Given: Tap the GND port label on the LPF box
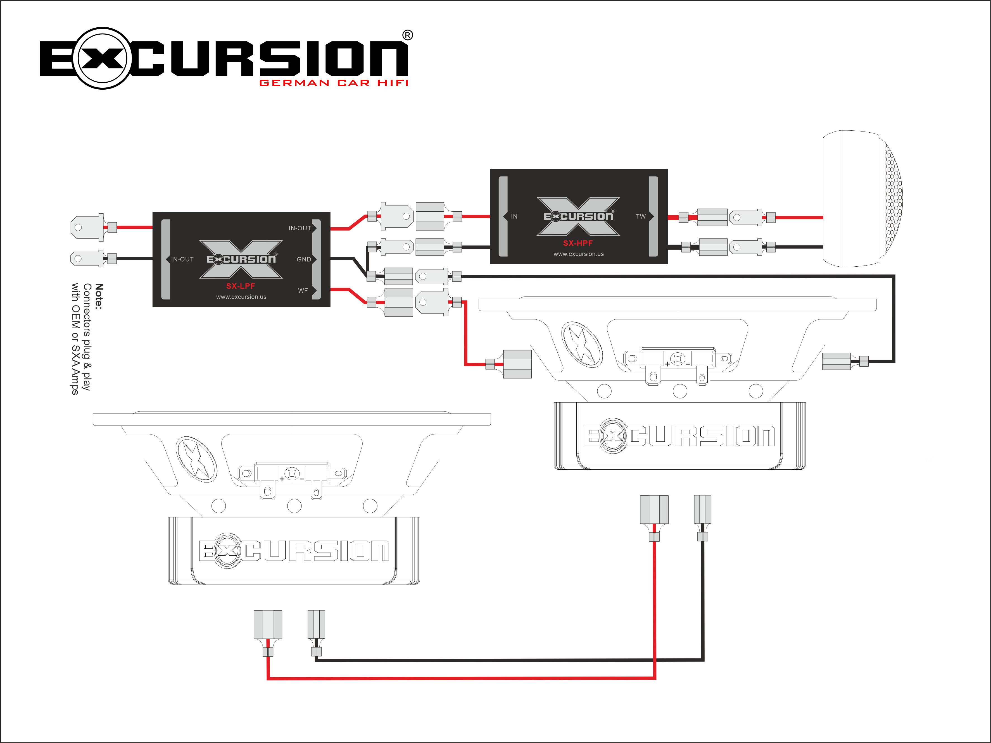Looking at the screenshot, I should (x=303, y=259).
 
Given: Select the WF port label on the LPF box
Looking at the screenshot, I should (x=303, y=291).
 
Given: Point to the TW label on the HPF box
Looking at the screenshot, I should (x=641, y=216).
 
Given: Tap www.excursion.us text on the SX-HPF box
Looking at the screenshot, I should (x=578, y=254).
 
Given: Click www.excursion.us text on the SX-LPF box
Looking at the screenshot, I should (x=241, y=297).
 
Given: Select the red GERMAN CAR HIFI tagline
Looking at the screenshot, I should (x=334, y=83).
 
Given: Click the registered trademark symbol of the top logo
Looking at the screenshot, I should (x=407, y=35).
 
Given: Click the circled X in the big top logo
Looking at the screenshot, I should (x=102, y=58).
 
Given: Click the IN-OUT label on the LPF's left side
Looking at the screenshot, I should (x=182, y=259).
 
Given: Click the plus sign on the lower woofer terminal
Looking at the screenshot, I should (x=282, y=479).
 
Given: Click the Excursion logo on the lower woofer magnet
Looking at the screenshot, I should (x=294, y=550).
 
